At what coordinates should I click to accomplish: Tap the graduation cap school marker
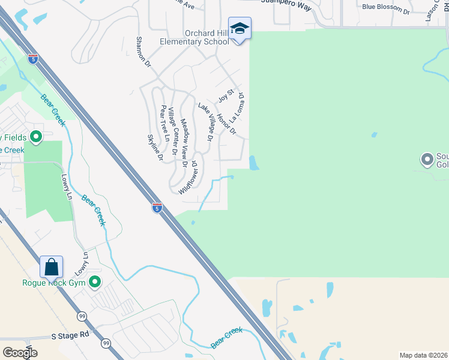click(x=240, y=29)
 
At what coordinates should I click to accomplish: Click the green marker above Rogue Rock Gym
click(x=95, y=281)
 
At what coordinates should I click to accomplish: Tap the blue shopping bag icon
click(x=52, y=266)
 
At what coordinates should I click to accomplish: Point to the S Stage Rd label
click(x=70, y=335)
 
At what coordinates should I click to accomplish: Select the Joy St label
click(x=225, y=94)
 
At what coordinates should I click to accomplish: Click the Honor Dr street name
click(x=227, y=124)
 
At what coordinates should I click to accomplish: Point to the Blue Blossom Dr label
click(x=387, y=9)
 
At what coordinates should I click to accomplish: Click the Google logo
click(x=20, y=352)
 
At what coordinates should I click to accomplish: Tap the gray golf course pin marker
click(x=427, y=160)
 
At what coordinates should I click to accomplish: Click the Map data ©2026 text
click(x=423, y=355)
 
